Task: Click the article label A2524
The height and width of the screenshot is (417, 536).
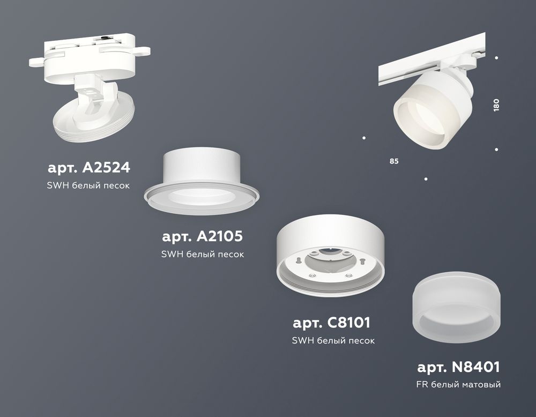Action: (88, 168)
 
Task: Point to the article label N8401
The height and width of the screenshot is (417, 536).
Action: (458, 367)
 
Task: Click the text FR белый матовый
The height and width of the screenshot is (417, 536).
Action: (458, 384)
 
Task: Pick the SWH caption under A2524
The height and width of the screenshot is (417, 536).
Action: (88, 185)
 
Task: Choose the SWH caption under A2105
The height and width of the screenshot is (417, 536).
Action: (203, 254)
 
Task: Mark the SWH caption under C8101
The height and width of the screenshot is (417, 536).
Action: (333, 340)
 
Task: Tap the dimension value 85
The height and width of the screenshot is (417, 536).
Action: (394, 161)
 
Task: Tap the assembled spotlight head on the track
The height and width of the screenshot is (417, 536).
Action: (423, 110)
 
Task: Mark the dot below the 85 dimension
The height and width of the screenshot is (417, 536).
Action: (426, 178)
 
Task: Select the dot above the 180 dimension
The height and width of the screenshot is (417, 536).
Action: (497, 57)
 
